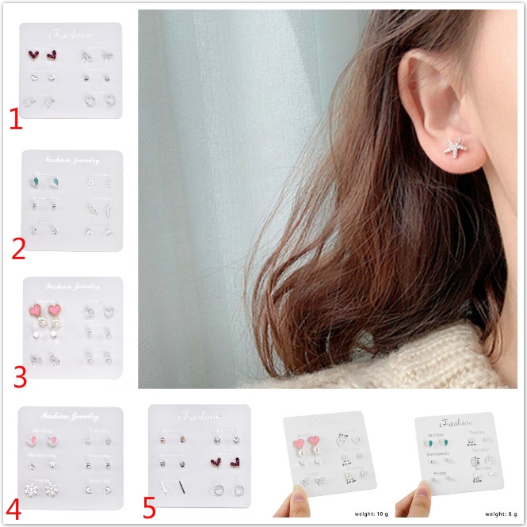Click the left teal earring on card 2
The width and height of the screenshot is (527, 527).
[x=38, y=181]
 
